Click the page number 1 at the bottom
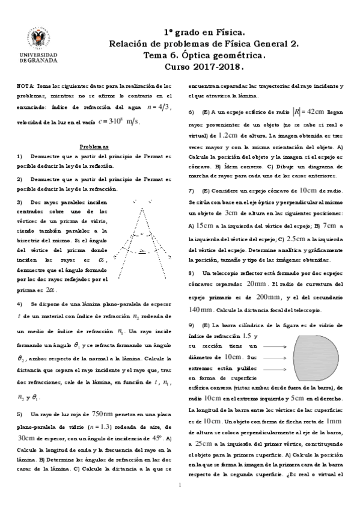(180, 485)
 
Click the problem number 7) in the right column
(191, 189)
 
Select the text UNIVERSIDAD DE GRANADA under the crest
(38, 58)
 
